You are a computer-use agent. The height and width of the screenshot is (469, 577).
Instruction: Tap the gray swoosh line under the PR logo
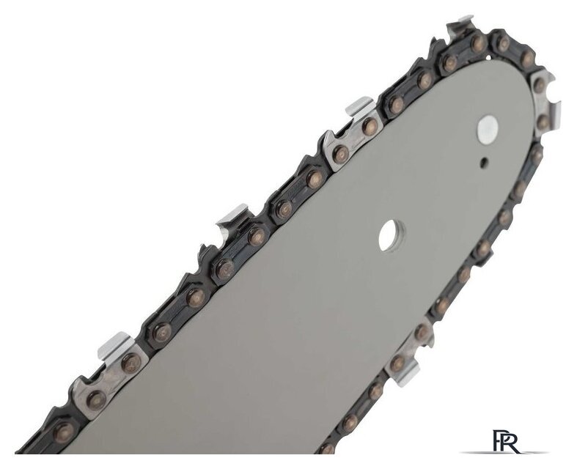[x=504, y=452]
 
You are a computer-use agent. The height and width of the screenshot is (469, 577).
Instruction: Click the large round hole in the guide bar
[x=392, y=235]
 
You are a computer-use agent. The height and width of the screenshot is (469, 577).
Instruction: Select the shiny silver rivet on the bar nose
[x=488, y=130]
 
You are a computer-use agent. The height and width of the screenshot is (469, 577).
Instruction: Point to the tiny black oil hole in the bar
[x=486, y=160]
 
